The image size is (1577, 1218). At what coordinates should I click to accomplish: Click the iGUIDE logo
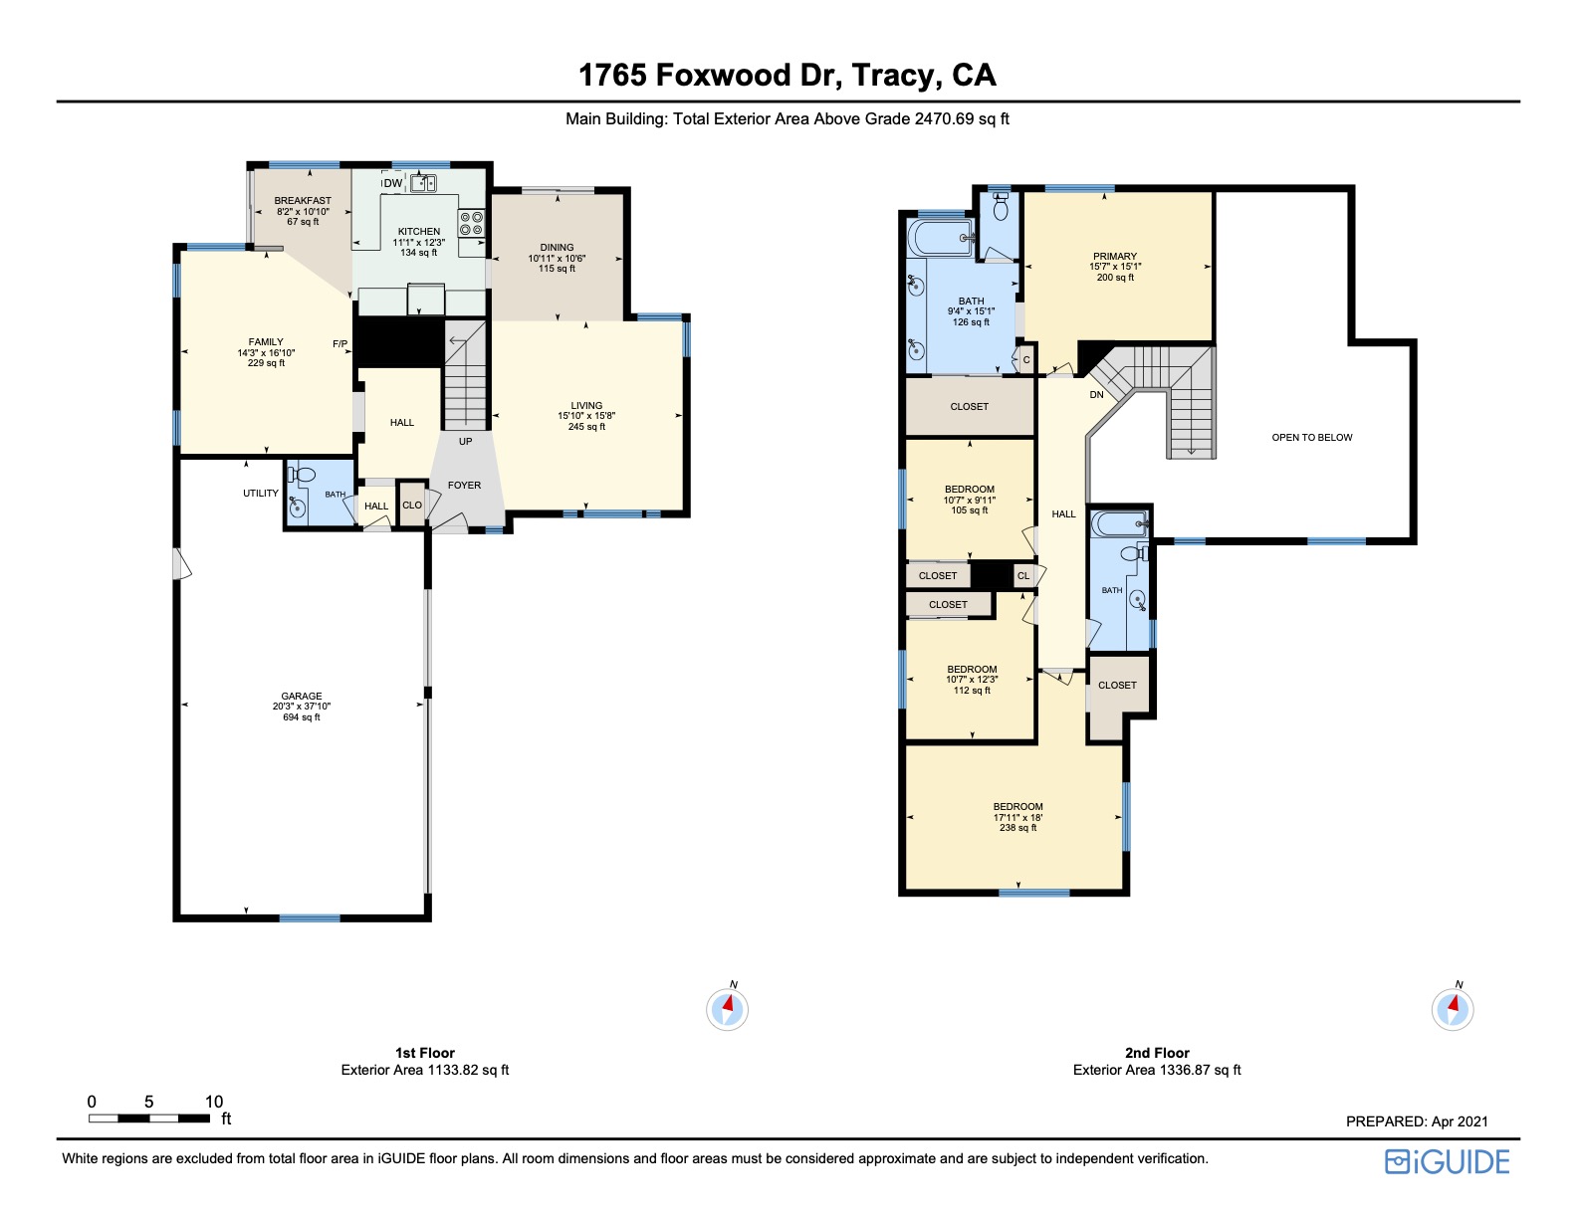1448,1162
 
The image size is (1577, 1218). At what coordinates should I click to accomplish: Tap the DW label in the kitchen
393,183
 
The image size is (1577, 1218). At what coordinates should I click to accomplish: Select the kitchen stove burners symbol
471,223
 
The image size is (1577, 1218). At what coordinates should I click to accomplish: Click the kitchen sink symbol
424,183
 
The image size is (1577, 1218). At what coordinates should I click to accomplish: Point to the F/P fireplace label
340,344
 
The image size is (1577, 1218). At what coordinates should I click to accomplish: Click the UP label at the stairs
465,441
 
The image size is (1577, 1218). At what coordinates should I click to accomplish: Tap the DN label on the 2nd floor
1096,395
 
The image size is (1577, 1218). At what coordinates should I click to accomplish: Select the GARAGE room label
302,697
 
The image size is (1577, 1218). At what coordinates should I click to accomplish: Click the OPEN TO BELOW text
1311,437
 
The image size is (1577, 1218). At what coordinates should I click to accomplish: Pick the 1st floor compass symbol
727,1009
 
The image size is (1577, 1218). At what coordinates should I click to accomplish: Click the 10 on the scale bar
214,1102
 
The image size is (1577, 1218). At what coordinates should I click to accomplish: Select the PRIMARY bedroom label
1114,256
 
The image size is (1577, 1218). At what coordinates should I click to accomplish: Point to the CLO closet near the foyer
412,506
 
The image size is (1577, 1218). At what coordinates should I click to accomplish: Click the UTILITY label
261,494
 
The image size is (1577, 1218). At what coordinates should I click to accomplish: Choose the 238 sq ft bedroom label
1017,817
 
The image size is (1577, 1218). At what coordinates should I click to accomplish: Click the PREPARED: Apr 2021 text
1417,1121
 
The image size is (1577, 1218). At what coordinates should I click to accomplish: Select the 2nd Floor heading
1157,1053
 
